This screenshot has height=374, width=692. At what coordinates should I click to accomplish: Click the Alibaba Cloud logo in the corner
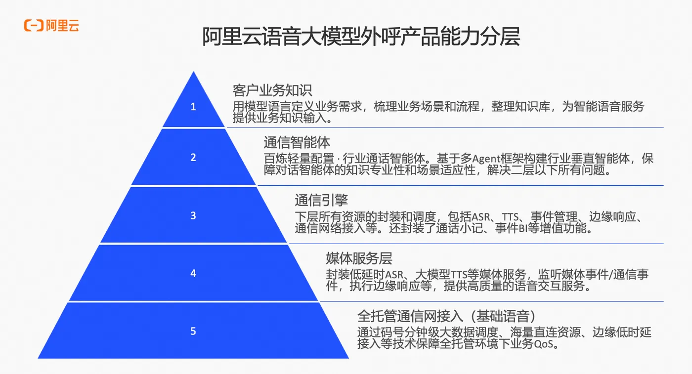pyautogui.click(x=51, y=25)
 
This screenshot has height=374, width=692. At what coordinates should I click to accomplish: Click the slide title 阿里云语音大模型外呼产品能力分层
pyautogui.click(x=361, y=37)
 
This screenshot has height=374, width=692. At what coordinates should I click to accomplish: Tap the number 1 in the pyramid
pyautogui.click(x=193, y=107)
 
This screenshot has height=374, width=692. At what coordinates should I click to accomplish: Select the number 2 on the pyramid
pyautogui.click(x=193, y=158)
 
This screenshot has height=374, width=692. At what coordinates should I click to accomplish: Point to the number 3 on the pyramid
pyautogui.click(x=193, y=215)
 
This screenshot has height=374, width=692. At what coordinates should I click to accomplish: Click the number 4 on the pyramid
pyautogui.click(x=193, y=273)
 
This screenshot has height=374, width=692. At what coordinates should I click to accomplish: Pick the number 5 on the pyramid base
pyautogui.click(x=193, y=331)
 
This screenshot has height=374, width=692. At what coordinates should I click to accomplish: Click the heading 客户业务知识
pyautogui.click(x=272, y=90)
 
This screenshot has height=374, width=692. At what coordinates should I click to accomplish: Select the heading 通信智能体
pyautogui.click(x=297, y=142)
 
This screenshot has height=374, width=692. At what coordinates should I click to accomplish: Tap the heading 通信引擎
pyautogui.click(x=321, y=200)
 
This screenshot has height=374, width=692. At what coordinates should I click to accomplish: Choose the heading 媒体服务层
pyautogui.click(x=359, y=258)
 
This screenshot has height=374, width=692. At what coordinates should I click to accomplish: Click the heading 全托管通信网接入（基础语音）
pyautogui.click(x=446, y=316)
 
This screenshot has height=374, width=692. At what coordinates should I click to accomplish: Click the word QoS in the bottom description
pyautogui.click(x=543, y=344)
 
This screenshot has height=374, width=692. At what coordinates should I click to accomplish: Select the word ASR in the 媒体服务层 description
pyautogui.click(x=394, y=275)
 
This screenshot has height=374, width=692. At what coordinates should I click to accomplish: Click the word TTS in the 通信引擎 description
pyautogui.click(x=510, y=217)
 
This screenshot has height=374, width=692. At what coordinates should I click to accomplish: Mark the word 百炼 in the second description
pyautogui.click(x=275, y=159)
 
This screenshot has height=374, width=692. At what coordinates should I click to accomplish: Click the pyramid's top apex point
pyautogui.click(x=193, y=72)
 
